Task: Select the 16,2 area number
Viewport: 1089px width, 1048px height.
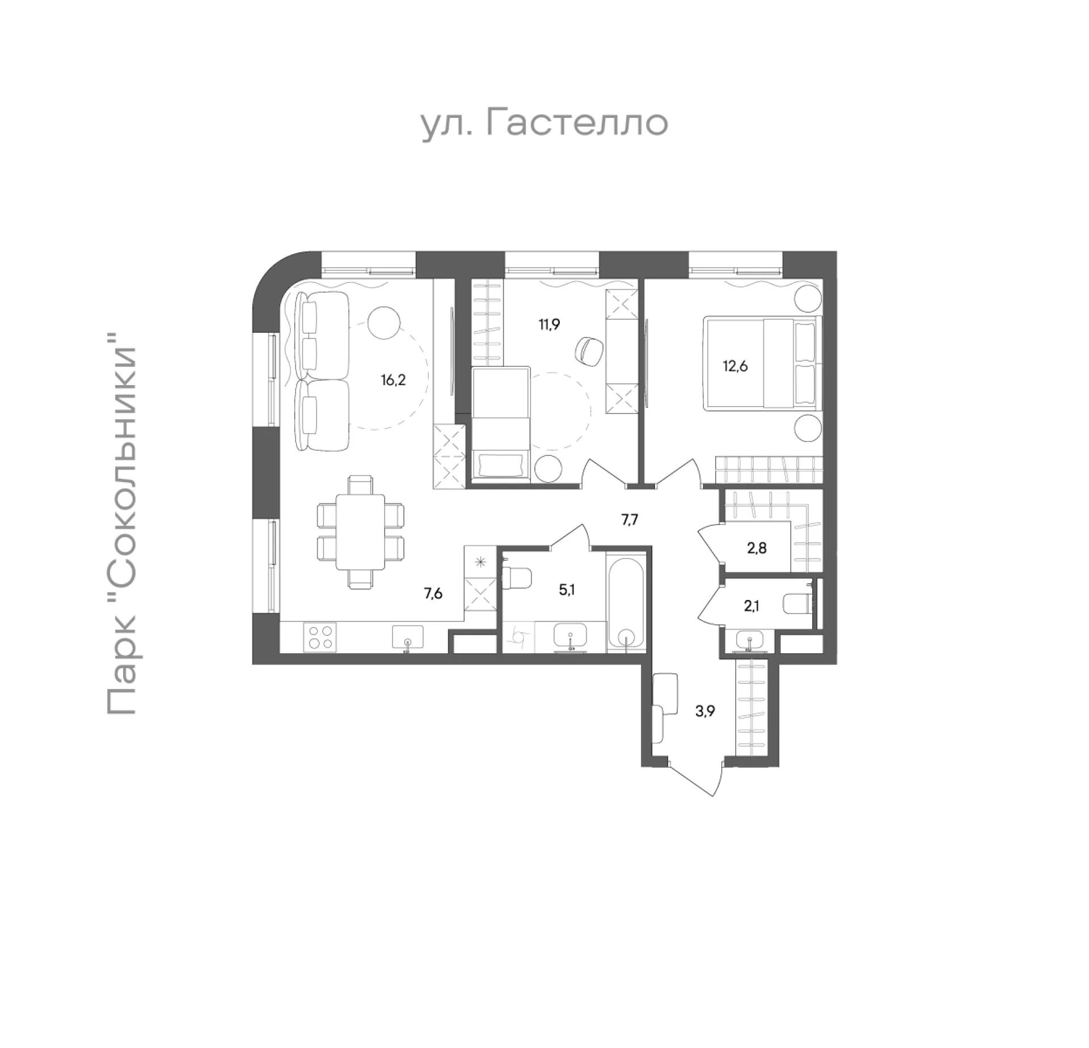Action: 393,380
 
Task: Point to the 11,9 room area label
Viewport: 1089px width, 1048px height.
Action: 550,325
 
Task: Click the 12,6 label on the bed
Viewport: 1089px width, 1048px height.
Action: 735,366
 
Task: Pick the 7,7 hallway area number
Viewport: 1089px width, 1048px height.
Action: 630,519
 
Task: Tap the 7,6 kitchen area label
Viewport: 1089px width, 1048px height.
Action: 433,594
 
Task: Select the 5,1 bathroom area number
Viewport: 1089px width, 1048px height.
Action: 566,590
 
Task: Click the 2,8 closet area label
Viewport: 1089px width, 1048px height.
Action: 757,548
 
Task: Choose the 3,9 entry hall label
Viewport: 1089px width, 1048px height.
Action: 706,711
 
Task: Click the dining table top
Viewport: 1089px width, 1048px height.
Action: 361,531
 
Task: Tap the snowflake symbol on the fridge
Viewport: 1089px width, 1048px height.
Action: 481,563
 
